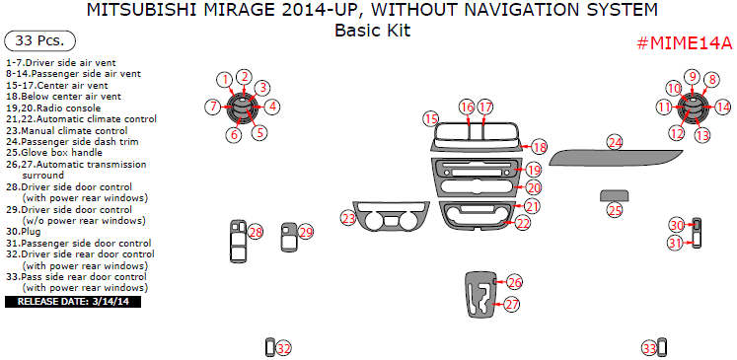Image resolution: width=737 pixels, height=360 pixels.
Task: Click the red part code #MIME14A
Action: (685, 42)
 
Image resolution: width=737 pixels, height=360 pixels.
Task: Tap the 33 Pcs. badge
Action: (39, 40)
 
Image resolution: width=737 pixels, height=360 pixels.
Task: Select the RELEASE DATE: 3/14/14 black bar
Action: (73, 301)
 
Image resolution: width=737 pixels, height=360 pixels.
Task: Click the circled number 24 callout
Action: (615, 143)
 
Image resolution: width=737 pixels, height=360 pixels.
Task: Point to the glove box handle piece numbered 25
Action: (615, 195)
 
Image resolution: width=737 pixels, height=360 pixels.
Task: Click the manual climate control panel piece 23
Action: (391, 216)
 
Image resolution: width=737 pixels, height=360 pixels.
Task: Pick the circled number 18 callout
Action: (540, 148)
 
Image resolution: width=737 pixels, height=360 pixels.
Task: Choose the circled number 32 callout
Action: (283, 348)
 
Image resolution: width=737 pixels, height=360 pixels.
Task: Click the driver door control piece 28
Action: (239, 241)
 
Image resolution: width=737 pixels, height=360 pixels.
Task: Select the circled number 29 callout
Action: (306, 232)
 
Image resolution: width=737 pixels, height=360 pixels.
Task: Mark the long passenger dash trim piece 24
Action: (616, 159)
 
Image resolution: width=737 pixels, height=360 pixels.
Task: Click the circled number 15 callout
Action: (431, 119)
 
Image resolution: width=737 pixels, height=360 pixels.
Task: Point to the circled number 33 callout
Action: (649, 348)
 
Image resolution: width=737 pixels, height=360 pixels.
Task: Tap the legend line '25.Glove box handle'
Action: (54, 153)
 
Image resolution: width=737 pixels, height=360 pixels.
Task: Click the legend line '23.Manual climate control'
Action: (67, 130)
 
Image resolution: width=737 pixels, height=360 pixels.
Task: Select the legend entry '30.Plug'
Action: (24, 232)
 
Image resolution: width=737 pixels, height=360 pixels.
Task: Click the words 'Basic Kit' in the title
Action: (372, 31)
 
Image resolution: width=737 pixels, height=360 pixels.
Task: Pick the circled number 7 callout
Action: (212, 107)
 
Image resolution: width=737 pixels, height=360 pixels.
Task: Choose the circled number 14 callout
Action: (723, 108)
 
